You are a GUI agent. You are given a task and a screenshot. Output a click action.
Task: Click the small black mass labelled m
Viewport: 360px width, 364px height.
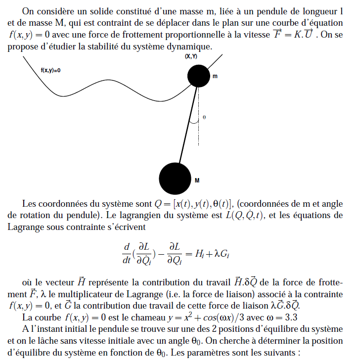point(199,76)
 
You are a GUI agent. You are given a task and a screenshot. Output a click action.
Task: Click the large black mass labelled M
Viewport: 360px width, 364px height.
point(175,179)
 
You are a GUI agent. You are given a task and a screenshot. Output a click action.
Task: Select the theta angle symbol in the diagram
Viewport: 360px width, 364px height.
point(204,118)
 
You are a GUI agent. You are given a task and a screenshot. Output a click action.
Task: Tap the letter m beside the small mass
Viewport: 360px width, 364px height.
point(215,77)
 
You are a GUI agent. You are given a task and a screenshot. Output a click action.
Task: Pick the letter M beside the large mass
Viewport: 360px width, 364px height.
point(197,181)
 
